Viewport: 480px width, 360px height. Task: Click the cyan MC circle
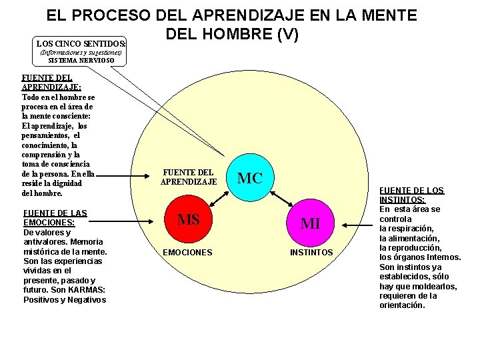click(250, 178)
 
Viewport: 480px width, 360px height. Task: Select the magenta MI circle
click(310, 223)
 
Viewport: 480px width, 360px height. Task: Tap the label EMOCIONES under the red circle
click(188, 253)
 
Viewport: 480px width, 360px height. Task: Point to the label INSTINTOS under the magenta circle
click(311, 253)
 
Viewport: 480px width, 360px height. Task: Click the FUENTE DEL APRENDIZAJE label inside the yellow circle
click(189, 176)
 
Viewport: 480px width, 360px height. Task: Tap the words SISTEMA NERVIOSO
click(81, 61)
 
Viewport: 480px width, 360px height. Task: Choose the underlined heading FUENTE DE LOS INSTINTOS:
click(412, 195)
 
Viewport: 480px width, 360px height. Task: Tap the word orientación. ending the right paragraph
click(401, 305)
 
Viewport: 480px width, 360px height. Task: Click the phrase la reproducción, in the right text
click(410, 247)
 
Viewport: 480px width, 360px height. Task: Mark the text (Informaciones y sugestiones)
click(81, 52)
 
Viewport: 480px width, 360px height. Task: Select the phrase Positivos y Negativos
click(65, 299)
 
